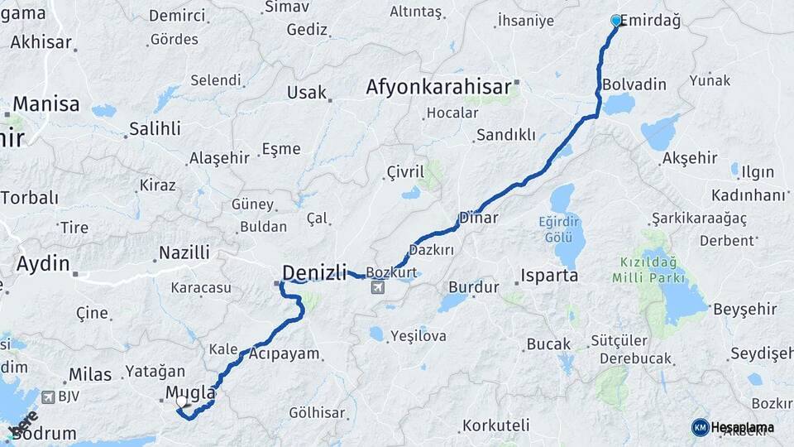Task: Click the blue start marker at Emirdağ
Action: pyautogui.click(x=615, y=20)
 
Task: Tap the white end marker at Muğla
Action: pyautogui.click(x=181, y=401)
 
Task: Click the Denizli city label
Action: pyautogui.click(x=314, y=272)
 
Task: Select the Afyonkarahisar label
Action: pyautogui.click(x=438, y=86)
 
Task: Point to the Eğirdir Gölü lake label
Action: pyautogui.click(x=566, y=231)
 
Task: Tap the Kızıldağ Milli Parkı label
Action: pyautogui.click(x=643, y=270)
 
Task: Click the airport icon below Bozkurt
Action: pyautogui.click(x=378, y=288)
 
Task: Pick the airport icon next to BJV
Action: pyautogui.click(x=48, y=397)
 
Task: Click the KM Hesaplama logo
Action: pyautogui.click(x=732, y=427)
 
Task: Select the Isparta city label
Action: pyautogui.click(x=549, y=275)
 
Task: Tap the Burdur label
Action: pyautogui.click(x=474, y=287)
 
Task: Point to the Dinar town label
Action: pyautogui.click(x=479, y=219)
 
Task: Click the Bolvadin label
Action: pyautogui.click(x=634, y=84)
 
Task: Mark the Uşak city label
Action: pyautogui.click(x=307, y=92)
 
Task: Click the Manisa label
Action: pyautogui.click(x=46, y=104)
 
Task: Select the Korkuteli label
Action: pyautogui.click(x=496, y=425)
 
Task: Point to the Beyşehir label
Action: pyautogui.click(x=745, y=309)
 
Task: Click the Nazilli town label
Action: pyautogui.click(x=184, y=252)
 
